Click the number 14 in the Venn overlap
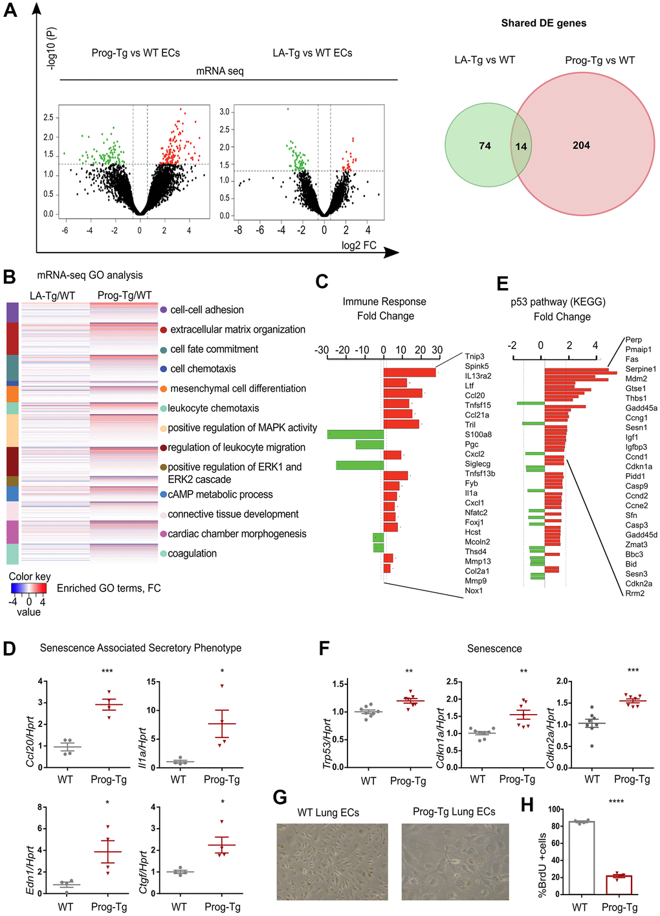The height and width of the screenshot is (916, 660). [x=521, y=146]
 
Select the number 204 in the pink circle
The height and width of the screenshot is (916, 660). [x=581, y=146]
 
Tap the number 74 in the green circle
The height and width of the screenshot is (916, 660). [x=485, y=146]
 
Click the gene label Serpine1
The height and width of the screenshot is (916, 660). [x=641, y=369]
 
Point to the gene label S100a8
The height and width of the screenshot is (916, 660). [x=478, y=434]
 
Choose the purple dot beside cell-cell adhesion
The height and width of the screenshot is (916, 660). [x=163, y=310]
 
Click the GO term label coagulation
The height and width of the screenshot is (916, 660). [x=192, y=553]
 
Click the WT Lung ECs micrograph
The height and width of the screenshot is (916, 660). [x=332, y=862]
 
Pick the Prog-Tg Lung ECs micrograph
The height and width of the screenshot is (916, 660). [x=457, y=862]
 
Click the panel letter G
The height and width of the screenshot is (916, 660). [x=280, y=797]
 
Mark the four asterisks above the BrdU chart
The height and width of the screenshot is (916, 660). [x=616, y=802]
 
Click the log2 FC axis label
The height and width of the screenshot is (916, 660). [x=358, y=245]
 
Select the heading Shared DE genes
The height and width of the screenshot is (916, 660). [x=544, y=23]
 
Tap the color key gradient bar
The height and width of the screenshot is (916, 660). [x=28, y=588]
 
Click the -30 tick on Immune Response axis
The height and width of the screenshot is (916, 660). [x=322, y=350]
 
